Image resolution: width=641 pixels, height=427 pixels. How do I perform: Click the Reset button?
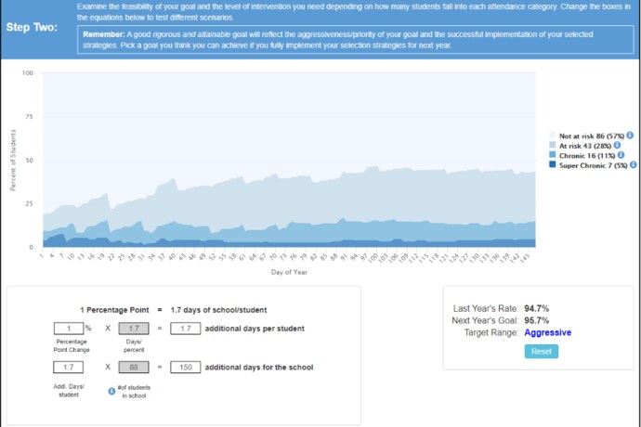pos(542,351)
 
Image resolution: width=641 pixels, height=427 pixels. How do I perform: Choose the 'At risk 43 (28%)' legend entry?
pos(585,146)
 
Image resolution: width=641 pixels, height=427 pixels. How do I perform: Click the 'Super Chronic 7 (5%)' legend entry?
pos(593,164)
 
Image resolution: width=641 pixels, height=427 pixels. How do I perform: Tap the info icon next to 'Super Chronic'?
pos(633,164)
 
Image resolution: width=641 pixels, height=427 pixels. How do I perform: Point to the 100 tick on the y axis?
pos(27,73)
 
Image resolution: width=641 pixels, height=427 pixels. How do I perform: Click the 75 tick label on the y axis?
pos(29,117)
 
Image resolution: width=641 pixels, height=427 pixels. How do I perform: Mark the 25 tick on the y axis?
pos(29,203)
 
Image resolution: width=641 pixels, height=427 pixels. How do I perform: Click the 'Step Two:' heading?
pos(32,27)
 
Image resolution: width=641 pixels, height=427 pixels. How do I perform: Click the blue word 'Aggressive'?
pos(547,331)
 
